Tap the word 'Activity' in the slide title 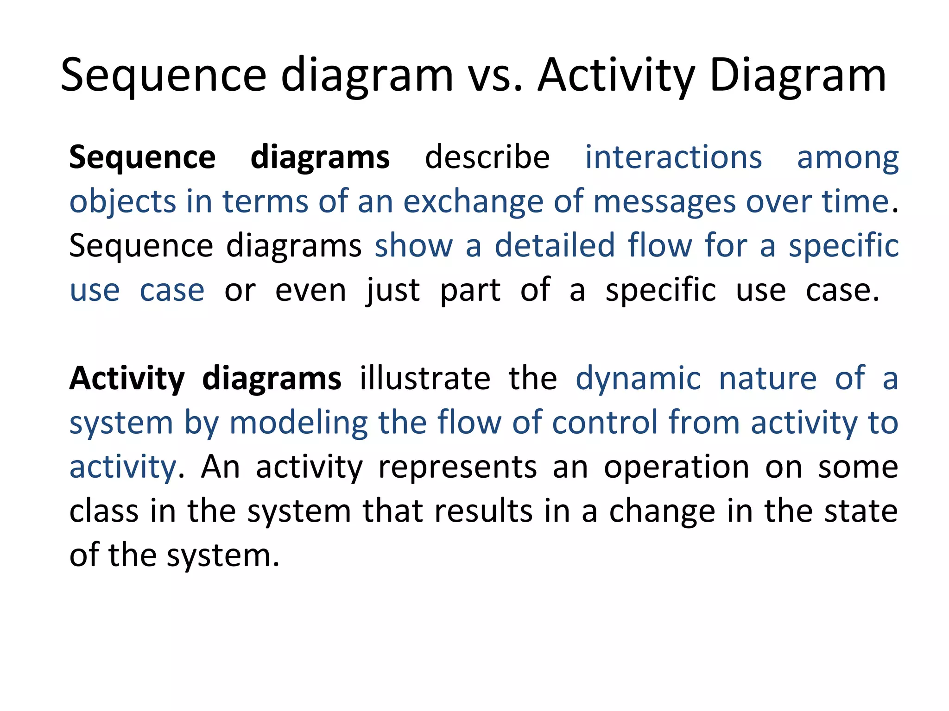[616, 76]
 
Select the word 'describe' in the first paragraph [487, 158]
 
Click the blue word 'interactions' [673, 158]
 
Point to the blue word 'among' [848, 158]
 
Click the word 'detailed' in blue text [554, 246]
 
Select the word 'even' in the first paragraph [310, 291]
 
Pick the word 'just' [393, 291]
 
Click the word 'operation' [677, 467]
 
